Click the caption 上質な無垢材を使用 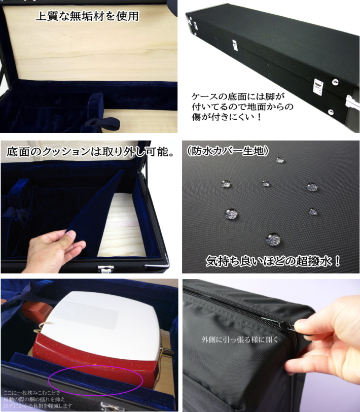tap(87, 16)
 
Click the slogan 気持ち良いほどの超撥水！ tap(273, 262)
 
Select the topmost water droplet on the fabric tap(279, 160)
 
